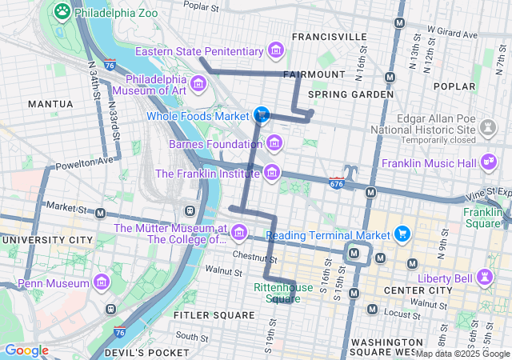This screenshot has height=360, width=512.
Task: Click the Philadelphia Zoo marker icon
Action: (x=62, y=12)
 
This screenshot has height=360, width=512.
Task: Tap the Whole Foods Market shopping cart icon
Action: (x=261, y=115)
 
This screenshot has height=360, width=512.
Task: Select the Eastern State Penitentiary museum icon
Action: (x=276, y=51)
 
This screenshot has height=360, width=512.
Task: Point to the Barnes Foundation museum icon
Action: (x=274, y=144)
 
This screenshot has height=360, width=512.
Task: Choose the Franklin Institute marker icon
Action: (x=272, y=173)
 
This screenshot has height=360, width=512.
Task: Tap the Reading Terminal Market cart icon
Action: (x=402, y=234)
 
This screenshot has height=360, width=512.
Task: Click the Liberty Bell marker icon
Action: (x=483, y=277)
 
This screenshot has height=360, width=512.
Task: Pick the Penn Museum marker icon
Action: (x=102, y=283)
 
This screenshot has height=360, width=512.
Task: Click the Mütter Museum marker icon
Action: (x=238, y=233)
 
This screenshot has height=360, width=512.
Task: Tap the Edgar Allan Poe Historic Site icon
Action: (x=486, y=128)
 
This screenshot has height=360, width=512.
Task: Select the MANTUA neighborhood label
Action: (x=50, y=104)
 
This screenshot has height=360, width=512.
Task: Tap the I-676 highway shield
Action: (x=336, y=183)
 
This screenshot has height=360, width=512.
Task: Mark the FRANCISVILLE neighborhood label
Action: (x=330, y=37)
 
